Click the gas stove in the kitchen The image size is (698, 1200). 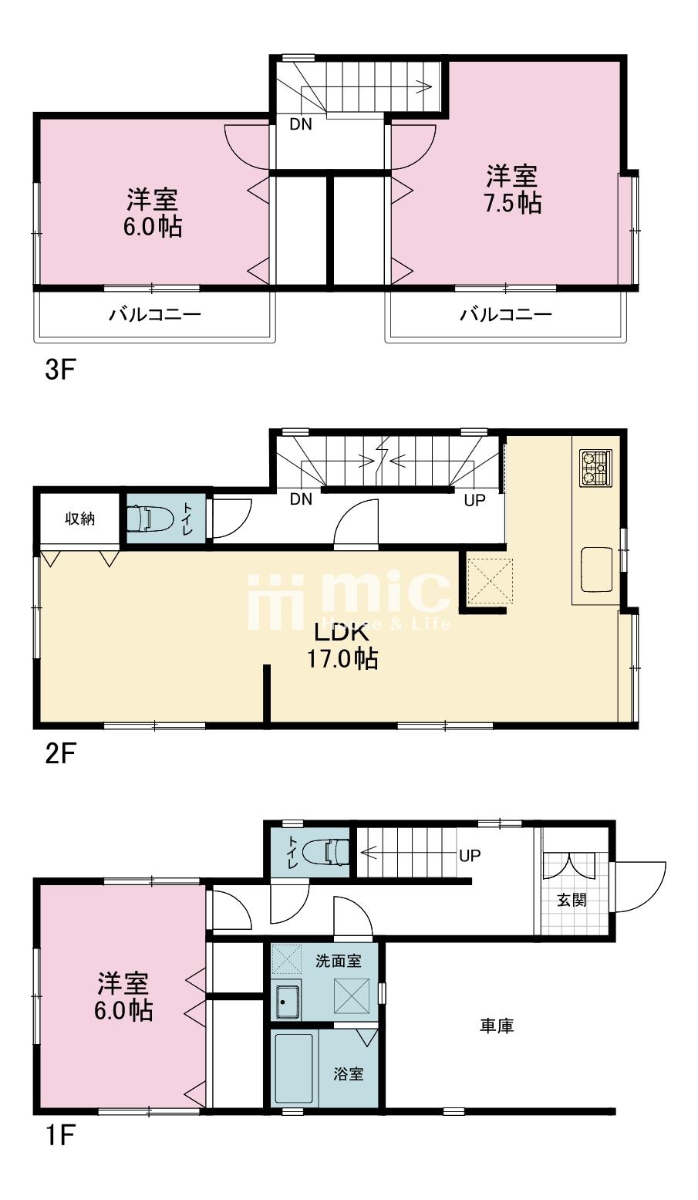coord(595,468)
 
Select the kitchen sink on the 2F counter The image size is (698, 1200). coord(597,570)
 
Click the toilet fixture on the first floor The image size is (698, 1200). coord(325,853)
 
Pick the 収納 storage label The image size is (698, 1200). coord(79,519)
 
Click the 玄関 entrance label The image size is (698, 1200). coord(572,900)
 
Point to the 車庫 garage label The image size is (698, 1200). coord(497,1026)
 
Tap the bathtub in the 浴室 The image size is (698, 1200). coord(295,1069)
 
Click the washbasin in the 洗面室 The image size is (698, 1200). coord(288,1002)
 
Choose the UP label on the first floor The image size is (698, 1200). coord(470,856)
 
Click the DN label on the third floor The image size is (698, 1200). coord(301,124)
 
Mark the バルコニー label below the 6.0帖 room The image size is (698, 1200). coord(155,315)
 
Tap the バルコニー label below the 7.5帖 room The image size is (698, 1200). coord(506,315)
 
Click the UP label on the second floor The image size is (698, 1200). coord(474,500)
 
